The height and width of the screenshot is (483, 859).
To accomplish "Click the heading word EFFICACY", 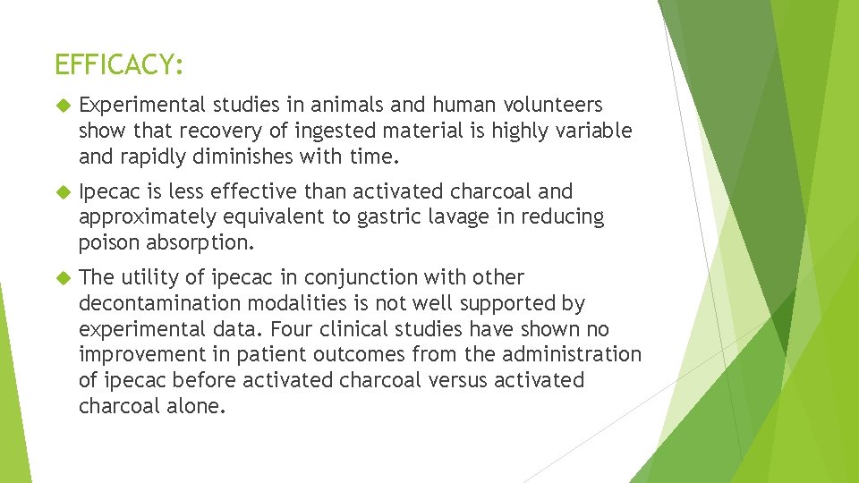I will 118,64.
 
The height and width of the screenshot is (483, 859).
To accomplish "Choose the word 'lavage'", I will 467,217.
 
